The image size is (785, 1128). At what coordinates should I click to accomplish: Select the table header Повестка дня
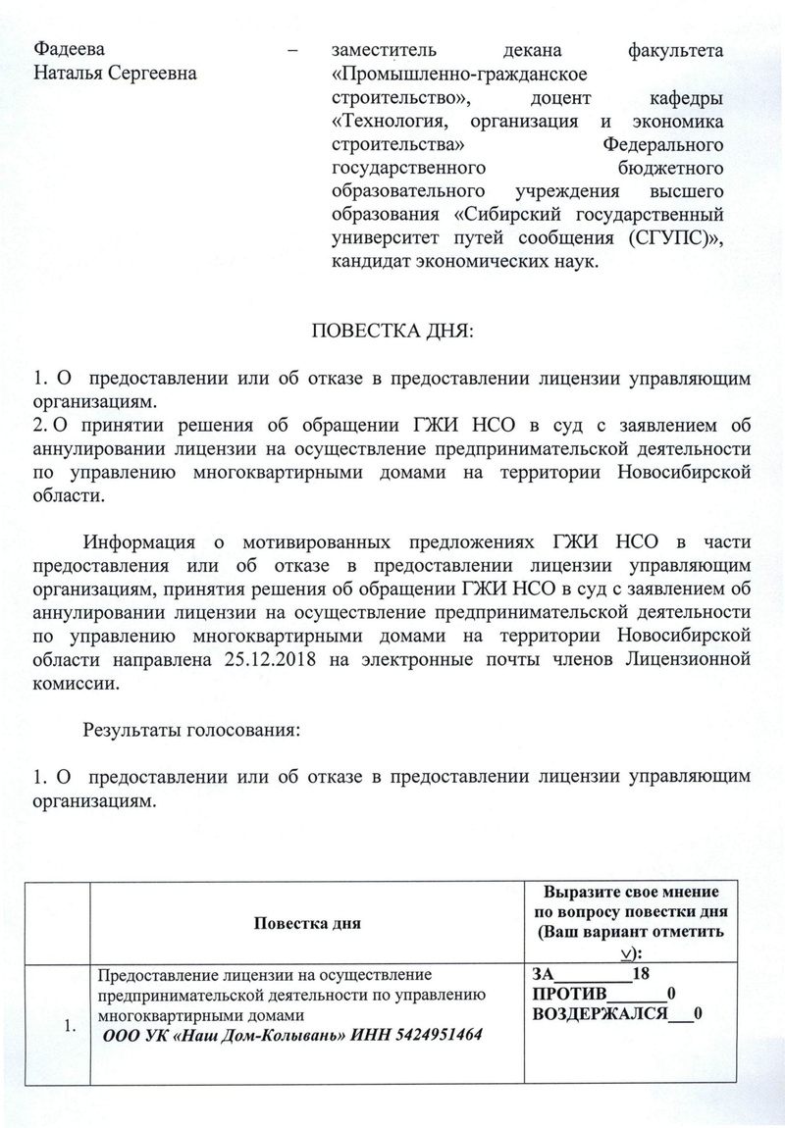(308, 923)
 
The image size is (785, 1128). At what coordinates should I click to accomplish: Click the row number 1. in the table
(69, 1027)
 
